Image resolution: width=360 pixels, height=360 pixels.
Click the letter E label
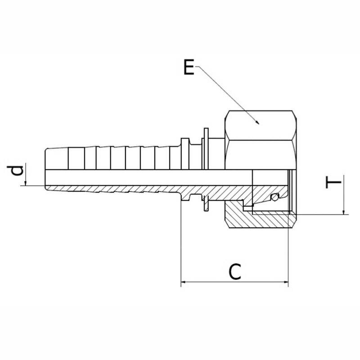(189, 67)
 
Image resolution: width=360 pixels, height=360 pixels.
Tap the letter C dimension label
(235, 272)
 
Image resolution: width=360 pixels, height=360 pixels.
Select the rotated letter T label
(333, 182)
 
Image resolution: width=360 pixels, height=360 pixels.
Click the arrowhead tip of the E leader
(259, 124)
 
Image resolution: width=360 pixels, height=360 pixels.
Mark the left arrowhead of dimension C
(181, 282)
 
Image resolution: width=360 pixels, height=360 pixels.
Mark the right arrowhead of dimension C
(288, 282)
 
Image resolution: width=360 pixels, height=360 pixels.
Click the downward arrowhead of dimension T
(344, 215)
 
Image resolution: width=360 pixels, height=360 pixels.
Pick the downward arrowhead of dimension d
(26, 185)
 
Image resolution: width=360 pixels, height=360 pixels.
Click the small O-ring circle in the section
(274, 197)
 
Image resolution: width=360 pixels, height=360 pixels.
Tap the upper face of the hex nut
(261, 126)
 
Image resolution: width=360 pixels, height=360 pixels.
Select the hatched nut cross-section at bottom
(260, 218)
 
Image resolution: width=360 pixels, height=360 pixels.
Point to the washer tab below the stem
(206, 204)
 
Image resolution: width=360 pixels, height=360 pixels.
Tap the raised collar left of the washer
(185, 154)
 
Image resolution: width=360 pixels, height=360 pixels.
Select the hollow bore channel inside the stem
(149, 177)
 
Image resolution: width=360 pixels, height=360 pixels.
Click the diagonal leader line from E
(227, 95)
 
